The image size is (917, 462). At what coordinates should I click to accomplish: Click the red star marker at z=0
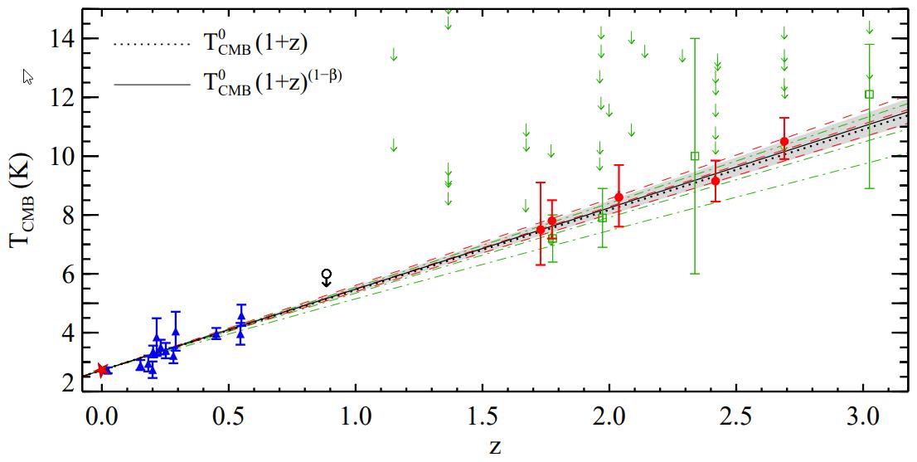tap(102, 370)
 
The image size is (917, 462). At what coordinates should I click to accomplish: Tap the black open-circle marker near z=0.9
tap(327, 274)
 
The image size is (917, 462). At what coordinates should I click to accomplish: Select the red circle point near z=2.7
tap(784, 141)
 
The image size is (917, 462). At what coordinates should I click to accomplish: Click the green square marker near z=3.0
tap(869, 95)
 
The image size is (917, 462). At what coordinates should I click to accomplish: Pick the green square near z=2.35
tap(695, 156)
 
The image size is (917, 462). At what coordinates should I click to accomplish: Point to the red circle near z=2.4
tap(716, 181)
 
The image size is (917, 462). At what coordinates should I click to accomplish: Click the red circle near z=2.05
tap(619, 197)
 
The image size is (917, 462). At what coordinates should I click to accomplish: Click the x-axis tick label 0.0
tap(101, 415)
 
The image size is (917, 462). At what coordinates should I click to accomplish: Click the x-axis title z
tap(495, 447)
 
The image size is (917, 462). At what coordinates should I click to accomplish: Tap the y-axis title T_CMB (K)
tap(24, 214)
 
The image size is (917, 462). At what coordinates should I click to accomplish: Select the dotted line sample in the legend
tap(144, 44)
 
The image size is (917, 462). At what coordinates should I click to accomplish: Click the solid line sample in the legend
tap(144, 84)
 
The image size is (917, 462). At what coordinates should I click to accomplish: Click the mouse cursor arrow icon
tap(27, 77)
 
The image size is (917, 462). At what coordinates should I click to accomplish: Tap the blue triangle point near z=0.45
tap(216, 333)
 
